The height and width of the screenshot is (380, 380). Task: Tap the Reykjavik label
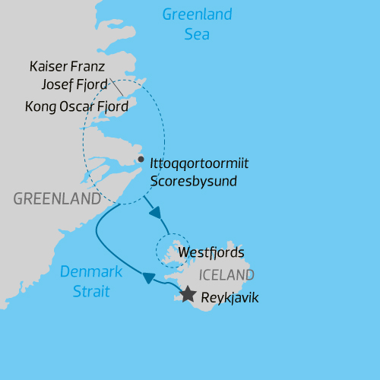coord(230,298)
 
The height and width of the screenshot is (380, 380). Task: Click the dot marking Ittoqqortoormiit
coord(141,159)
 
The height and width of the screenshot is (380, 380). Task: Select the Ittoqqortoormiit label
coord(199,164)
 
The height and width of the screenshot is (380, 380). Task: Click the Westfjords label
coord(211,252)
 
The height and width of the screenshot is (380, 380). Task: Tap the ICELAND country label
coord(226,274)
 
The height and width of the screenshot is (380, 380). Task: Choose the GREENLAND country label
coord(56,199)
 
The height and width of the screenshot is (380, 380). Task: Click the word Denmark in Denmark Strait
coord(91,273)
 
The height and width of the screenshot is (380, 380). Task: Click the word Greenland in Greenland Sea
coord(198,15)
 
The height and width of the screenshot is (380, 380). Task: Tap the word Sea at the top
coord(198,34)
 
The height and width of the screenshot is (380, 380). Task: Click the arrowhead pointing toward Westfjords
coord(157,213)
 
